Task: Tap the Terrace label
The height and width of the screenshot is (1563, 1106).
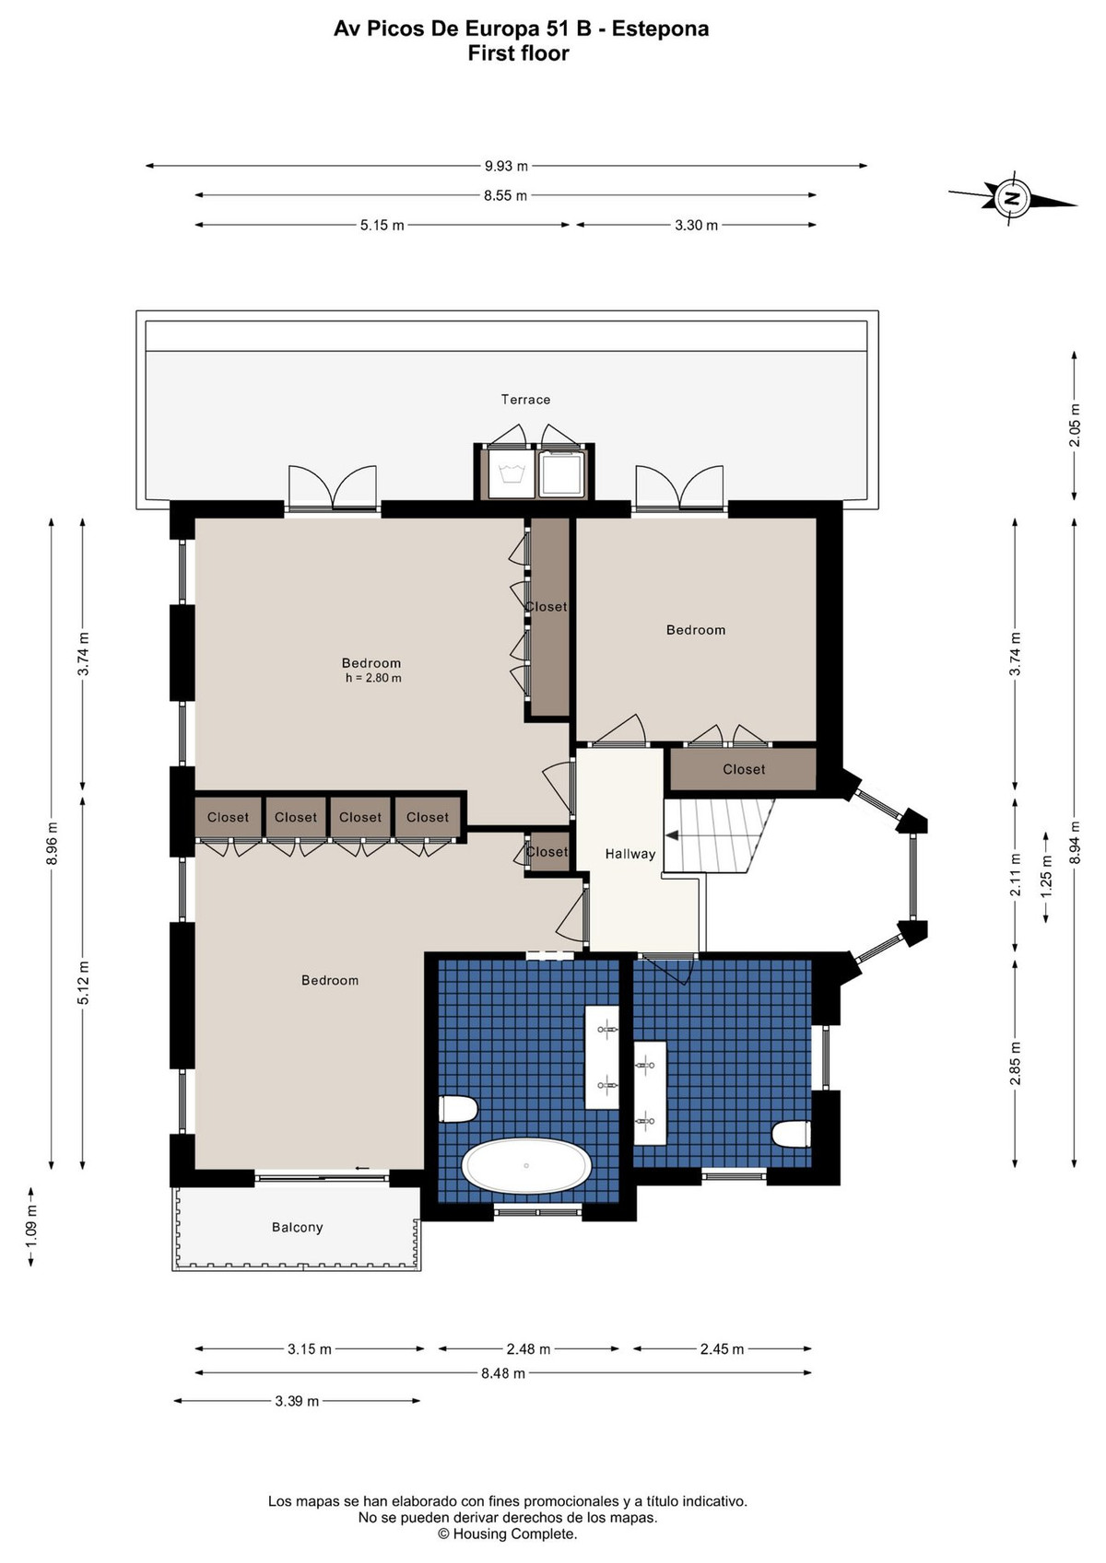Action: (525, 399)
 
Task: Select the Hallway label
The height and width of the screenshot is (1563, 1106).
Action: (629, 854)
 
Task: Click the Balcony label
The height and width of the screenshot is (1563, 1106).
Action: (297, 1228)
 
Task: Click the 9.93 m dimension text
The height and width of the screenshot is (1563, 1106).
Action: (506, 166)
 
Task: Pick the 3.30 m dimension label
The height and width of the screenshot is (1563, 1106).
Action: (696, 226)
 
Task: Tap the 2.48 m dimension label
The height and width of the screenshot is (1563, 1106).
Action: (528, 1349)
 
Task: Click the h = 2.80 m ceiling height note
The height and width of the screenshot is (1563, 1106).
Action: (373, 678)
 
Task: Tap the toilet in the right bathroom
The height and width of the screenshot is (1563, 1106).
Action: (792, 1133)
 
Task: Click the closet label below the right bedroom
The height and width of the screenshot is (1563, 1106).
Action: (744, 769)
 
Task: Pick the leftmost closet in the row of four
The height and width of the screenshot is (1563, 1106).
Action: (228, 817)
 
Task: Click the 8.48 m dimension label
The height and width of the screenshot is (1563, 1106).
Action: (502, 1374)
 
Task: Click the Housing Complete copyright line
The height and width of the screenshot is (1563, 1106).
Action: (508, 1534)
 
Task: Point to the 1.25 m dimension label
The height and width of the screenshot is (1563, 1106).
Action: (1046, 877)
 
